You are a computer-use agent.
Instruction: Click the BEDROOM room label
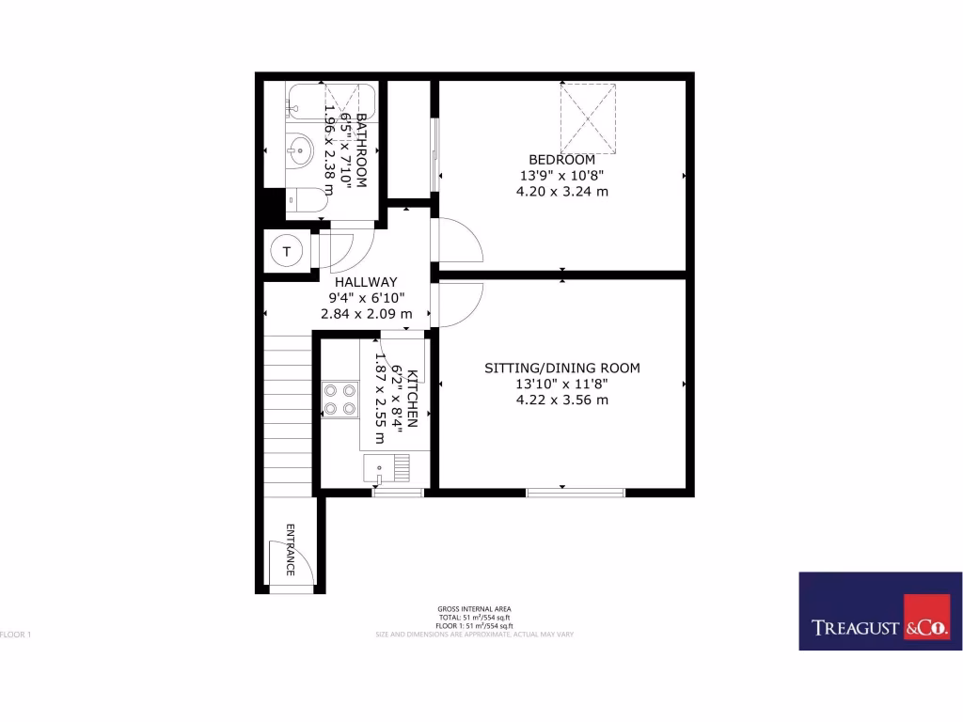click(x=561, y=159)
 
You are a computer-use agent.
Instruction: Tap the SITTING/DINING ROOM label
click(x=561, y=368)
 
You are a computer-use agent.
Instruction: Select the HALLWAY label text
click(x=366, y=281)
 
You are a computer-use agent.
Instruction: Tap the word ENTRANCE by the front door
click(x=291, y=549)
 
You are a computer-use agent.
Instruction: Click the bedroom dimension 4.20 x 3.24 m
click(x=561, y=191)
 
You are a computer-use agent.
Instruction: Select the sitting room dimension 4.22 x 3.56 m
click(x=561, y=400)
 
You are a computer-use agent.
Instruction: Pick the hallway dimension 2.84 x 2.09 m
click(x=366, y=313)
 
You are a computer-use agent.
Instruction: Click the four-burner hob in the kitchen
click(x=339, y=399)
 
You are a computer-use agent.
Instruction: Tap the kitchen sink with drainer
click(x=387, y=466)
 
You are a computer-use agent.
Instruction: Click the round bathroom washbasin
click(x=300, y=149)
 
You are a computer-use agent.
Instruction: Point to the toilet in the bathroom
click(x=306, y=200)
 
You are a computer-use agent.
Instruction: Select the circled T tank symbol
click(x=286, y=251)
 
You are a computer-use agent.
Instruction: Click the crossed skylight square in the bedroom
click(x=589, y=118)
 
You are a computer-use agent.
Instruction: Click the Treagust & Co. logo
click(x=879, y=610)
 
